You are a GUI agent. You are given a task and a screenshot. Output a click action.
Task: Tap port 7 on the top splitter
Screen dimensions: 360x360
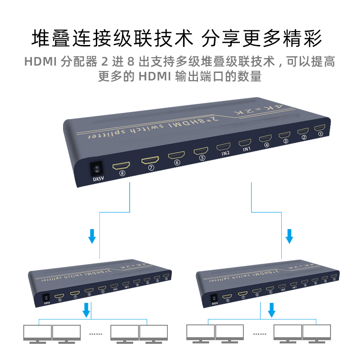151,161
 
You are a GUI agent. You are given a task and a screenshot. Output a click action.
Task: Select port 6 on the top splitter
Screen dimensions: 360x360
177,156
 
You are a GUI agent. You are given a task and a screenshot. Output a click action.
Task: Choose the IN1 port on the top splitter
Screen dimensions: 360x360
246,144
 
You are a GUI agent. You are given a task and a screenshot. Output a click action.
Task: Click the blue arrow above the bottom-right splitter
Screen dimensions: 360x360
290,235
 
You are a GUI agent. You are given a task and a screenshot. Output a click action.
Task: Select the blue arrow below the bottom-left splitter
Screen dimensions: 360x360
86,310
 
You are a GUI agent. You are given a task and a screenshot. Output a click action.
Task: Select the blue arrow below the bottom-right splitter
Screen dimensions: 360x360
272,310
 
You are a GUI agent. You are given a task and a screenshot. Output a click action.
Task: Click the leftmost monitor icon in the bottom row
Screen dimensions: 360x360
37,333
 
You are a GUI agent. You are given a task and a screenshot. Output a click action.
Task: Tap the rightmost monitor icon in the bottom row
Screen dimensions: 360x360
317,333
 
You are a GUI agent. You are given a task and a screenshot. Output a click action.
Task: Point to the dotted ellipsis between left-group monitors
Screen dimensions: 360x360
97,333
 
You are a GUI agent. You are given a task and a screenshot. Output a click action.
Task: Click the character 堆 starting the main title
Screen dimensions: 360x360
41,38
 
